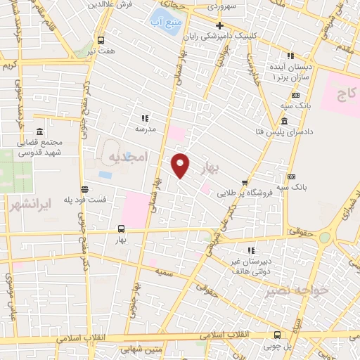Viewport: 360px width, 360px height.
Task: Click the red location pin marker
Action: pos(181,165)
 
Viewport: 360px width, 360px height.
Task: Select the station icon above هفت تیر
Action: pos(101,40)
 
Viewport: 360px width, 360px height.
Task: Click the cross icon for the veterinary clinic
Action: pos(220,25)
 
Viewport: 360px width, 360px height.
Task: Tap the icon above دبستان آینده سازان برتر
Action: pos(290,56)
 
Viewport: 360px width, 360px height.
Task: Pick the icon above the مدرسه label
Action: pos(145,119)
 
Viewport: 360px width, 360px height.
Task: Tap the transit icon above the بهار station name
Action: pos(121,229)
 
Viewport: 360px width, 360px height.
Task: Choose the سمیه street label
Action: pos(166,271)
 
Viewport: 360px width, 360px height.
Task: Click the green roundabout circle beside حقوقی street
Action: pos(323,238)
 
